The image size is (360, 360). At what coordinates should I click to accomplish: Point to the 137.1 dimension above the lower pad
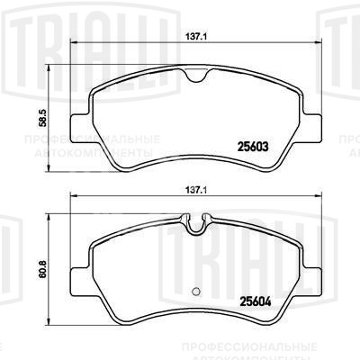(199, 191)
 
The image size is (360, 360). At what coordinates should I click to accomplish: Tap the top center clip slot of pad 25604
(198, 221)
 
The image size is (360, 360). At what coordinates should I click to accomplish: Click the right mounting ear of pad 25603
(314, 119)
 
